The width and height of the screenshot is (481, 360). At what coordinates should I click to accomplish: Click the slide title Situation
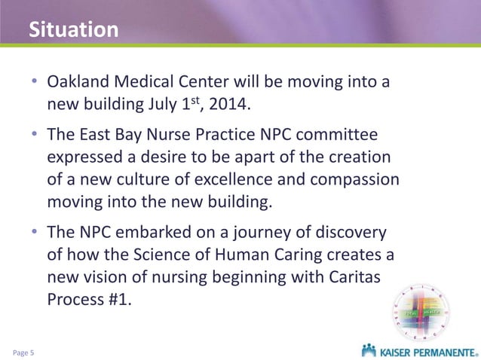73,29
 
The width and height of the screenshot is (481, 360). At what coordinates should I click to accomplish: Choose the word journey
247,230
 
